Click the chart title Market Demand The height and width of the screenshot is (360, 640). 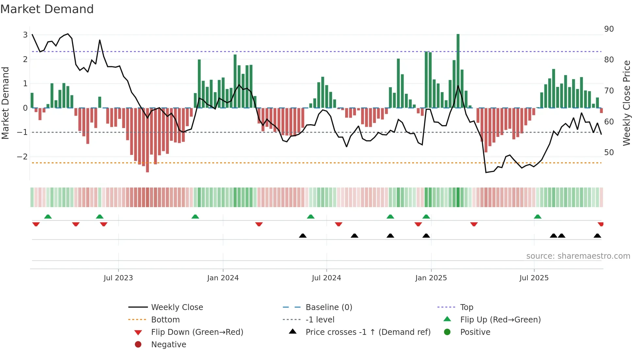click(47, 9)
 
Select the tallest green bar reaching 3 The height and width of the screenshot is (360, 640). click(458, 71)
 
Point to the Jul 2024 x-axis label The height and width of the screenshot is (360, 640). click(326, 278)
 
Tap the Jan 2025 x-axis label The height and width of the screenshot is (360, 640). click(431, 278)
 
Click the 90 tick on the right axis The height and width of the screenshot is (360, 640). click(609, 29)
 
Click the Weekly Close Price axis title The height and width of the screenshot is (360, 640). click(626, 103)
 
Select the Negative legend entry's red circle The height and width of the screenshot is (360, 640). click(138, 345)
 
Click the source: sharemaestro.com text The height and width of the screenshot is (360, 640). click(578, 256)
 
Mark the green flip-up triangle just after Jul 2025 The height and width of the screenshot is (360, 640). click(537, 217)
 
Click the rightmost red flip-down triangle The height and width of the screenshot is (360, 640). click(600, 224)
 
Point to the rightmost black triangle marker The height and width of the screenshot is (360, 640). click(597, 236)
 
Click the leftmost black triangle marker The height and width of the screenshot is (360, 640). click(303, 236)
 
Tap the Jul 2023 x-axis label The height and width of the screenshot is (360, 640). click(118, 278)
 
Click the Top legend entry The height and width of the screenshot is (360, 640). click(466, 307)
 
